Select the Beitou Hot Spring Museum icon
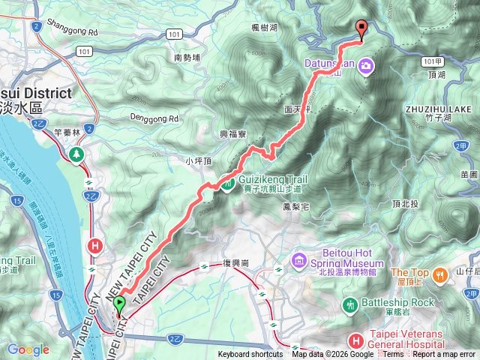pos(300,260)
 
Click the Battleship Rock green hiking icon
pos(350,304)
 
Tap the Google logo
pos(28,349)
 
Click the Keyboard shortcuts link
pos(250,355)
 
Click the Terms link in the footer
pos(393,355)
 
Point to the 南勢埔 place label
pos(187,57)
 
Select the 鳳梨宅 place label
pos(296,205)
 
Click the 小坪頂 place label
pos(199,160)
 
